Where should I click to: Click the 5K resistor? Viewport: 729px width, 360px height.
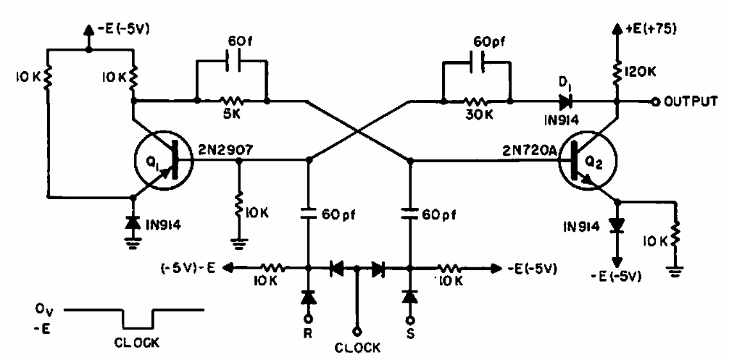coord(231,101)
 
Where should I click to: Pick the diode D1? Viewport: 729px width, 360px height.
coord(566,101)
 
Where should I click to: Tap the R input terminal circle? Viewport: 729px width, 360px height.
coord(307,319)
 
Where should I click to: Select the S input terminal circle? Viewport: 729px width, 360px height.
coord(410,319)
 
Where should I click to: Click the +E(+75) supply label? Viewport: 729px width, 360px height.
coord(651,29)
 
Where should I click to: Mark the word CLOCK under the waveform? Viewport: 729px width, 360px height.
coord(137,343)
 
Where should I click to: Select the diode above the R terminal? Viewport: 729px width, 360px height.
coord(307,298)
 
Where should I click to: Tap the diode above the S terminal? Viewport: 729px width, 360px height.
coord(410,298)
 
